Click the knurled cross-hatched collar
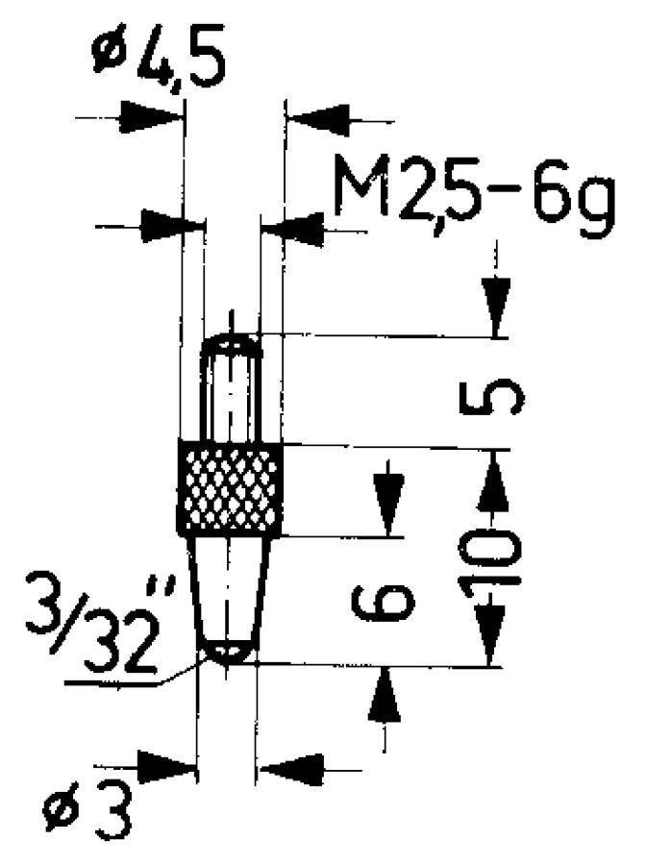(x=231, y=488)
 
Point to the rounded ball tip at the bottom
(x=228, y=654)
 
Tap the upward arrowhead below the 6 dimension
(x=385, y=697)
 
